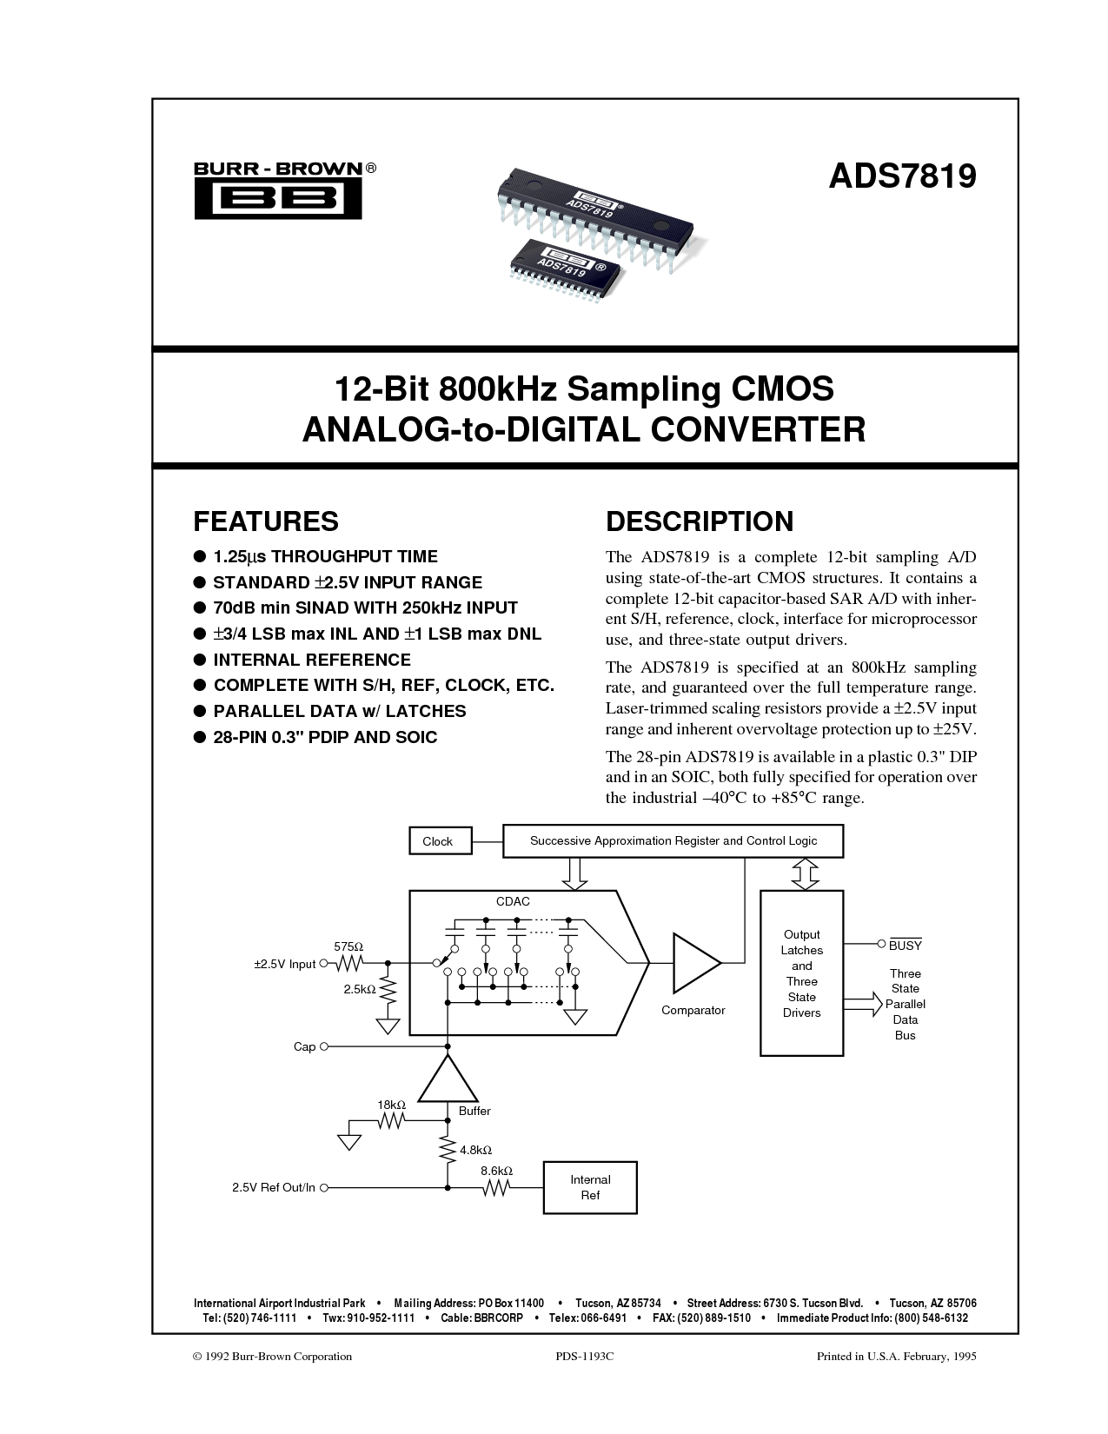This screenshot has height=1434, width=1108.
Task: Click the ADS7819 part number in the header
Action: click(x=901, y=176)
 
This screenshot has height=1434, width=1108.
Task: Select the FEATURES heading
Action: click(x=265, y=521)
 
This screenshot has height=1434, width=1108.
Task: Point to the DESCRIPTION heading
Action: click(x=699, y=521)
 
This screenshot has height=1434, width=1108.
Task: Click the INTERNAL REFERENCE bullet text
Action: click(x=312, y=660)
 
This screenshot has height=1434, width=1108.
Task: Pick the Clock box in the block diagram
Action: click(x=437, y=841)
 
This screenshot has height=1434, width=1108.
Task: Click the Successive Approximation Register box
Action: click(x=673, y=841)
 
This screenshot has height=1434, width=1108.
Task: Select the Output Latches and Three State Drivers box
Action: click(x=801, y=973)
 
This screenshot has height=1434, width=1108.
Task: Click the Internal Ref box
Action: click(x=590, y=1187)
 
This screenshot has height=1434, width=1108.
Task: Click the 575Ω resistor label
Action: click(x=348, y=946)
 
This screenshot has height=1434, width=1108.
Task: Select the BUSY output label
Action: click(x=905, y=945)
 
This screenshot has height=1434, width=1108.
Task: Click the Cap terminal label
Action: click(x=304, y=1047)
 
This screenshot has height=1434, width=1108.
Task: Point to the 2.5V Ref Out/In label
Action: click(x=274, y=1187)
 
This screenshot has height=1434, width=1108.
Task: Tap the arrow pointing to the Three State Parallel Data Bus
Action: click(x=862, y=1005)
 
